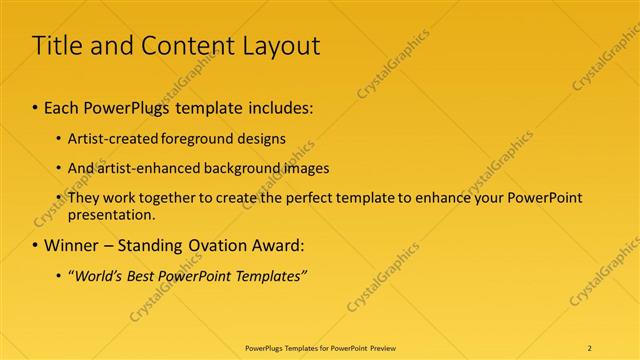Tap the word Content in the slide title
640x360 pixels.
pyautogui.click(x=176, y=46)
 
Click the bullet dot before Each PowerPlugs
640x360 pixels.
pyautogui.click(x=36, y=107)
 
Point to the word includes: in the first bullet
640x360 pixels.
pyautogui.click(x=279, y=107)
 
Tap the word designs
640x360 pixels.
pyautogui.click(x=261, y=138)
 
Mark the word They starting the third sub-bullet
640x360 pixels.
pyautogui.click(x=83, y=198)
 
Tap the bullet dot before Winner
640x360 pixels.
pyautogui.click(x=36, y=245)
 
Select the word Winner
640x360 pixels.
pyautogui.click(x=72, y=245)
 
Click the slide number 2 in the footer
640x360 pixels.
pyautogui.click(x=589, y=347)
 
